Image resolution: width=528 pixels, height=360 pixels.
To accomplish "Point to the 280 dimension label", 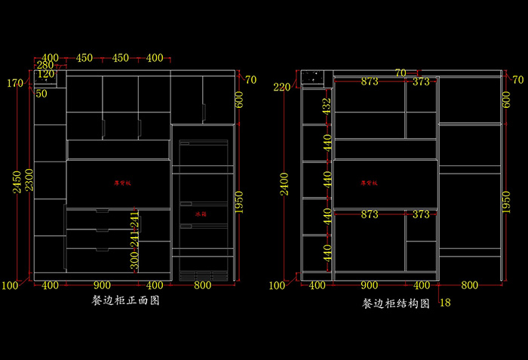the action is (46, 66).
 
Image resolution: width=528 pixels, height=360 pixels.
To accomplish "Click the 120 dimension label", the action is (46, 74).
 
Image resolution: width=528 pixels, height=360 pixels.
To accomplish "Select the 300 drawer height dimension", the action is (134, 262).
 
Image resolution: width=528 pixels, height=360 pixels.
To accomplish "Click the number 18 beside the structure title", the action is (444, 303).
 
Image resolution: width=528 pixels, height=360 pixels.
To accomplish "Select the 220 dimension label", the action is (282, 88).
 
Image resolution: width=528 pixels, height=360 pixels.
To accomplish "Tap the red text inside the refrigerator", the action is (201, 215).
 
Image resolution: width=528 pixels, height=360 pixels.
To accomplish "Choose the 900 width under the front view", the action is (103, 285).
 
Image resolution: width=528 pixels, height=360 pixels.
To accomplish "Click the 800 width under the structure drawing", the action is (469, 285).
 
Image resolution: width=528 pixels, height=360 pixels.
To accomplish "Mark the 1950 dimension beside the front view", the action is (239, 202).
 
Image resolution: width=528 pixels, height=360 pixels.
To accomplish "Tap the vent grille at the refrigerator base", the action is (201, 275).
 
